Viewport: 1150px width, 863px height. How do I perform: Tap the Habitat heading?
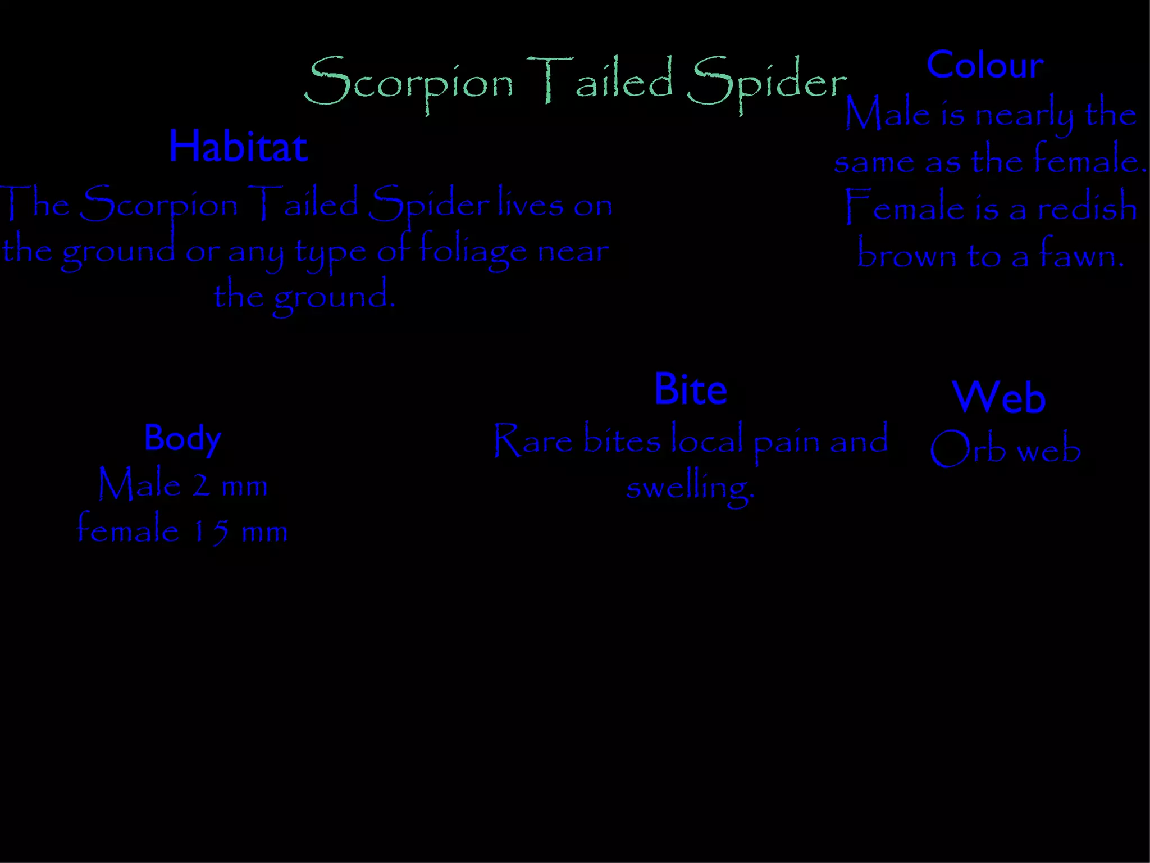238,147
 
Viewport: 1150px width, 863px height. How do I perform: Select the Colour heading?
985,65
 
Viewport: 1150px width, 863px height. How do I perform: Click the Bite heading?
691,389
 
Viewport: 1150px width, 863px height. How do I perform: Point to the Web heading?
999,397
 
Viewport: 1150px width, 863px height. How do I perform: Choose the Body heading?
182,438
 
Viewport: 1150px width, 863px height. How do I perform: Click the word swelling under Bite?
690,487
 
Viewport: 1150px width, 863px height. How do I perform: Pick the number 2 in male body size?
201,485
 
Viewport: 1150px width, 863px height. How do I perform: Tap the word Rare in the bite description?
533,440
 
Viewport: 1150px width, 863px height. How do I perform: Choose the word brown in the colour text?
906,256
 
